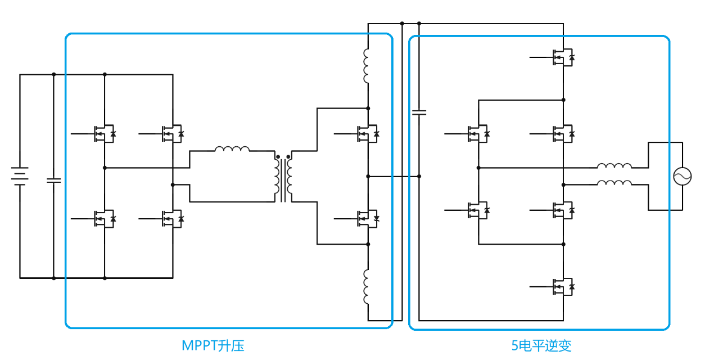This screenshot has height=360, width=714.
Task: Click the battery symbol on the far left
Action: click(20, 176)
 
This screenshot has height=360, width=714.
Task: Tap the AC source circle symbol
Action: click(683, 177)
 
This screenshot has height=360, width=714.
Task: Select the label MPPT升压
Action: click(213, 345)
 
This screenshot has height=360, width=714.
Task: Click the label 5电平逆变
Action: click(541, 345)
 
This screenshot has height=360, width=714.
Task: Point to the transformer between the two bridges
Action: click(283, 177)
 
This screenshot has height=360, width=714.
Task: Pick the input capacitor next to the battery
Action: click(54, 181)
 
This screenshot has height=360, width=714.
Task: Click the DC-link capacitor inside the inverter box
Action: click(419, 112)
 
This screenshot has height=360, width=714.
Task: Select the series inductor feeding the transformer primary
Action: click(232, 149)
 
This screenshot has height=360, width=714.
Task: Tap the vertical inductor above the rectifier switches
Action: click(367, 66)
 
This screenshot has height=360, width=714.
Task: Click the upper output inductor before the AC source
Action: click(614, 166)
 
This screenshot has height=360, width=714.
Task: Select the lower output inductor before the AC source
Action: click(614, 183)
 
